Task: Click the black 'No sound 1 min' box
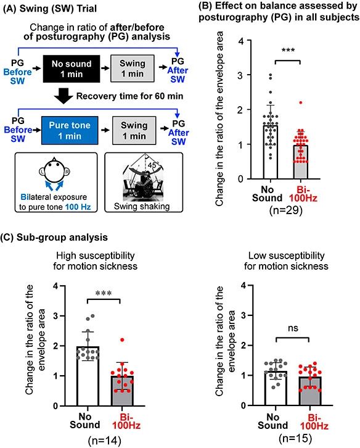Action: tap(72, 69)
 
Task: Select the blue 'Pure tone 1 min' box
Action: tap(70, 130)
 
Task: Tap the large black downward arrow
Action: tap(63, 96)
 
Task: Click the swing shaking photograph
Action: tap(144, 177)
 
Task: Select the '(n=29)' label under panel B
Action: tap(285, 210)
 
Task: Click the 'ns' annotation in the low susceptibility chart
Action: tap(293, 328)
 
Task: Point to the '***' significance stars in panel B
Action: tap(288, 51)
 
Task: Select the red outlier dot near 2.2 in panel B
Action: tap(301, 102)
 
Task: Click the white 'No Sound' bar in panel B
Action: tap(271, 152)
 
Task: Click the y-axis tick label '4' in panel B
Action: tap(241, 41)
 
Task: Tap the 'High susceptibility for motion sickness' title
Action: tap(96, 261)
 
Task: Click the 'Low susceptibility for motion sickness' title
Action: tap(286, 261)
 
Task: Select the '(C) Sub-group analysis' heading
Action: tap(54, 238)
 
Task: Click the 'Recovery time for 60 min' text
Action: tap(129, 96)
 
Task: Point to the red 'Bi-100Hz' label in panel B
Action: tap(303, 194)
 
